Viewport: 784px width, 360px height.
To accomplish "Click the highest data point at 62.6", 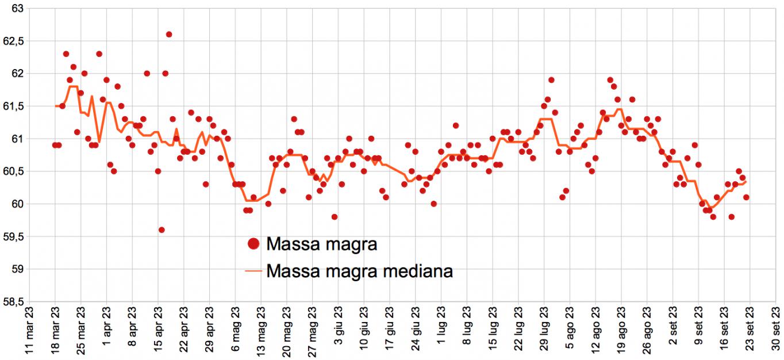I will coord(169,35).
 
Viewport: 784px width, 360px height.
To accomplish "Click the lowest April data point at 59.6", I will coord(162,230).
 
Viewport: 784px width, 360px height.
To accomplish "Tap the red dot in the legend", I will coord(253,244).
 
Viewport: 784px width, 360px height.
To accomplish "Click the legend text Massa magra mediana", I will coord(359,270).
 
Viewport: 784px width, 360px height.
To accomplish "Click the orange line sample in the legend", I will coord(253,270).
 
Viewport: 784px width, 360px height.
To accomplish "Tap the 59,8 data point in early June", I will coord(335,217).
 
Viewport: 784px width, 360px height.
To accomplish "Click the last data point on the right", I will coord(746,197).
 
